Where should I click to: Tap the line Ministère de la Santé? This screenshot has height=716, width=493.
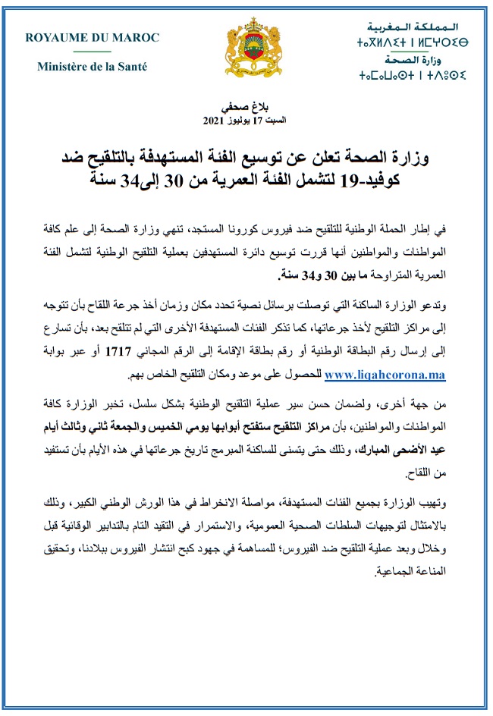pyautogui.click(x=92, y=67)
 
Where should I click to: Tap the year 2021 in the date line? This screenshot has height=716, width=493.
pyautogui.click(x=213, y=121)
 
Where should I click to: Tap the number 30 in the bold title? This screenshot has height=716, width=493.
pyautogui.click(x=199, y=182)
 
